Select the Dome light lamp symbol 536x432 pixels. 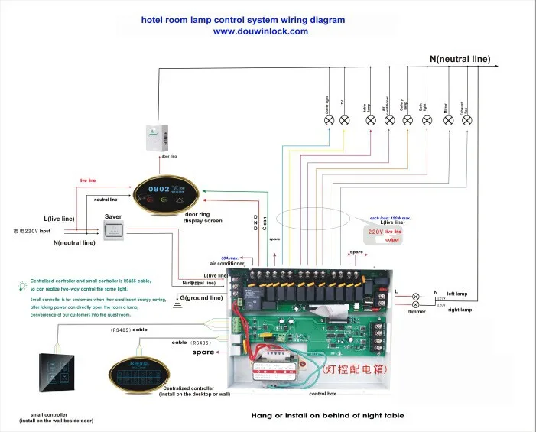tap(330, 119)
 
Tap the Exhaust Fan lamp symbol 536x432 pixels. tap(468, 119)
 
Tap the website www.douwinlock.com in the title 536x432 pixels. tap(260, 31)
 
